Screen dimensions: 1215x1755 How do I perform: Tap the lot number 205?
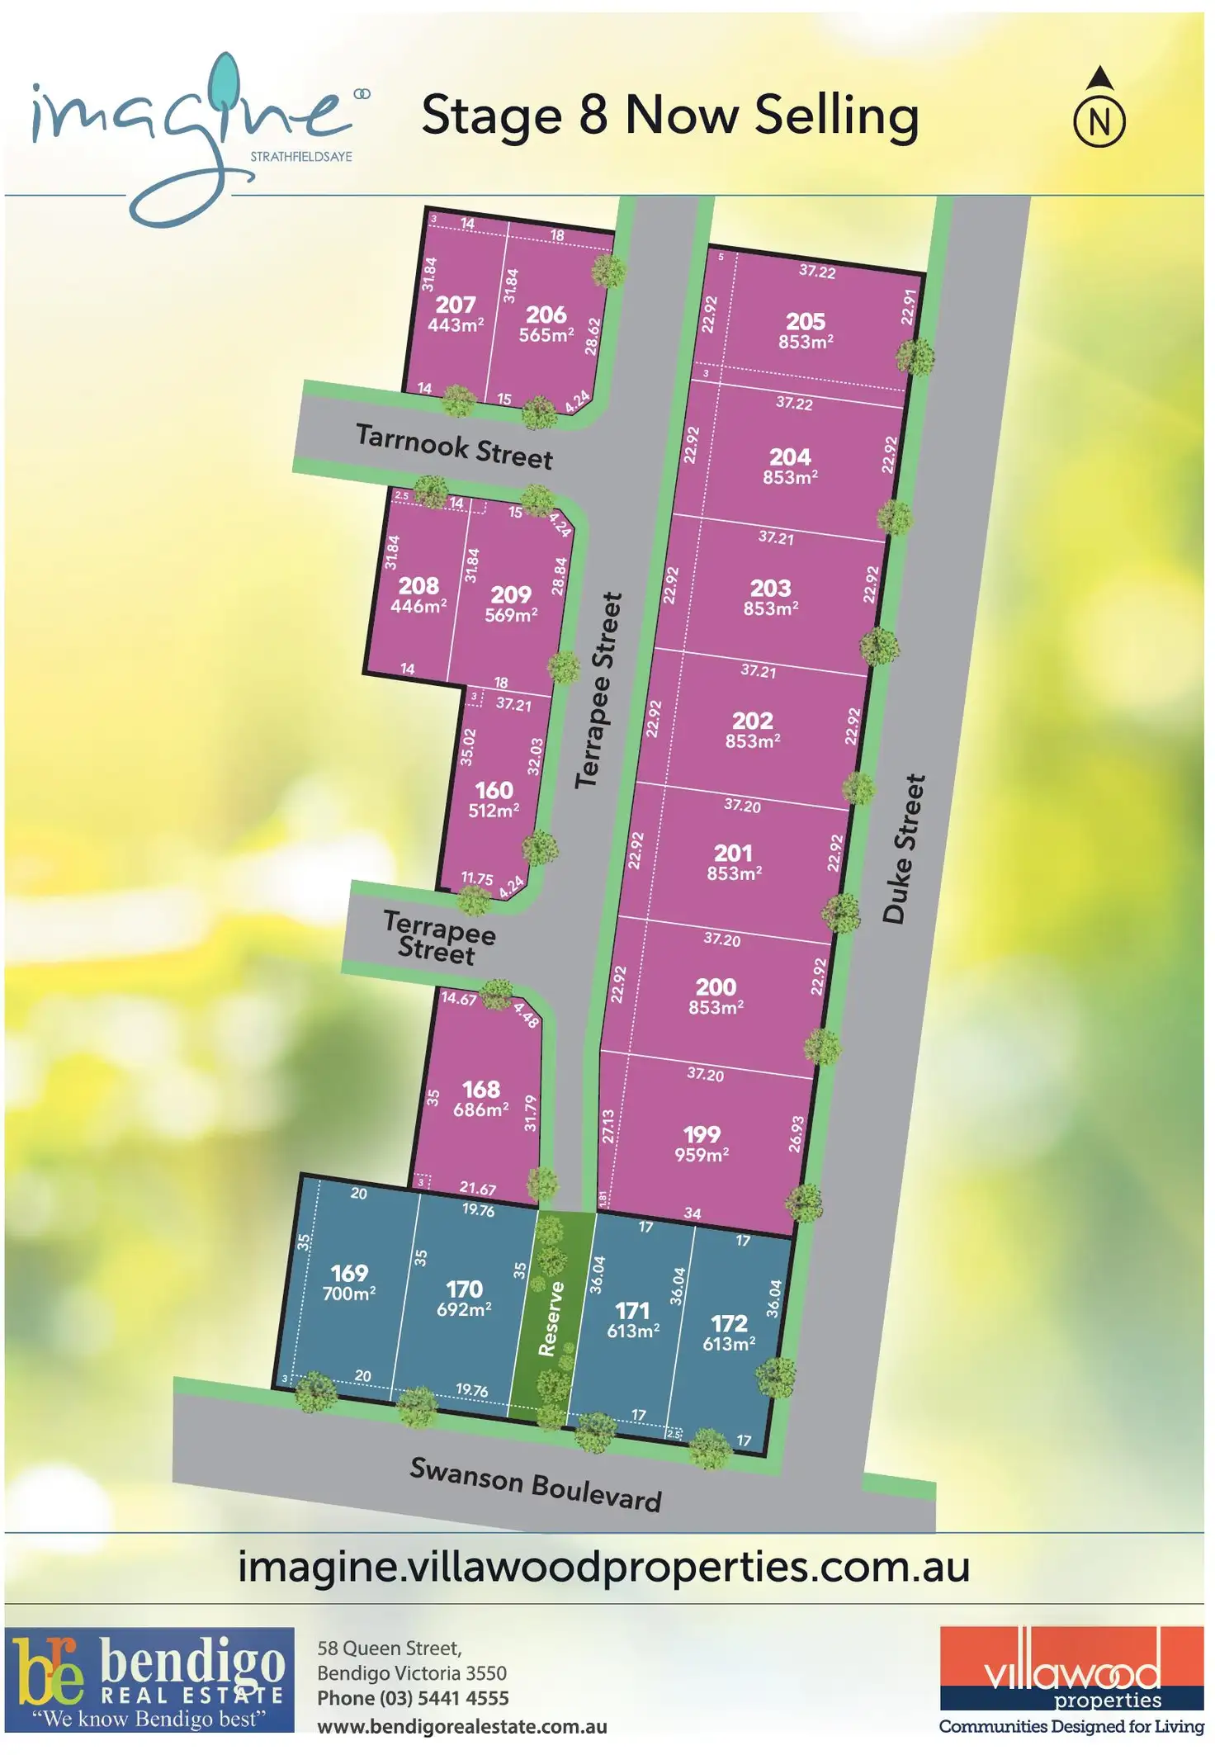(805, 321)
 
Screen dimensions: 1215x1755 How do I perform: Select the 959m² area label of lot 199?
(702, 1155)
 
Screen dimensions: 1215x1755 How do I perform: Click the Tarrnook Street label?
(454, 446)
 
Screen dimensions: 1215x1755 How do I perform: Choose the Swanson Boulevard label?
(536, 1483)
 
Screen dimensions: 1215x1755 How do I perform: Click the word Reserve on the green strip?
(551, 1318)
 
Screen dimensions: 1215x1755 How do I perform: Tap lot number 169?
(348, 1273)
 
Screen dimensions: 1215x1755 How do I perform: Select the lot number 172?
(729, 1323)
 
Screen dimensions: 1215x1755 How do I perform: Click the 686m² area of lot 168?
(480, 1110)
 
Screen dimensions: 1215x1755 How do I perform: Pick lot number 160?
(494, 790)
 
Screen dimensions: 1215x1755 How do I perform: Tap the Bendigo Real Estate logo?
(149, 1678)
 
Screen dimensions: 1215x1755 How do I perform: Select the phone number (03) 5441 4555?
(413, 1698)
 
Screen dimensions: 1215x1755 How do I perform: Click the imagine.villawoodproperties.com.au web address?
(603, 1566)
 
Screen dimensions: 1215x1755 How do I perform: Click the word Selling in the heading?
(835, 116)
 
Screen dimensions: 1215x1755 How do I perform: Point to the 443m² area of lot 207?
(456, 325)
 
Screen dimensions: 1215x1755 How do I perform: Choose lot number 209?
(511, 594)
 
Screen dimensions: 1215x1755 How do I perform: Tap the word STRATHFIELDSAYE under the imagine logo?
(301, 157)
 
